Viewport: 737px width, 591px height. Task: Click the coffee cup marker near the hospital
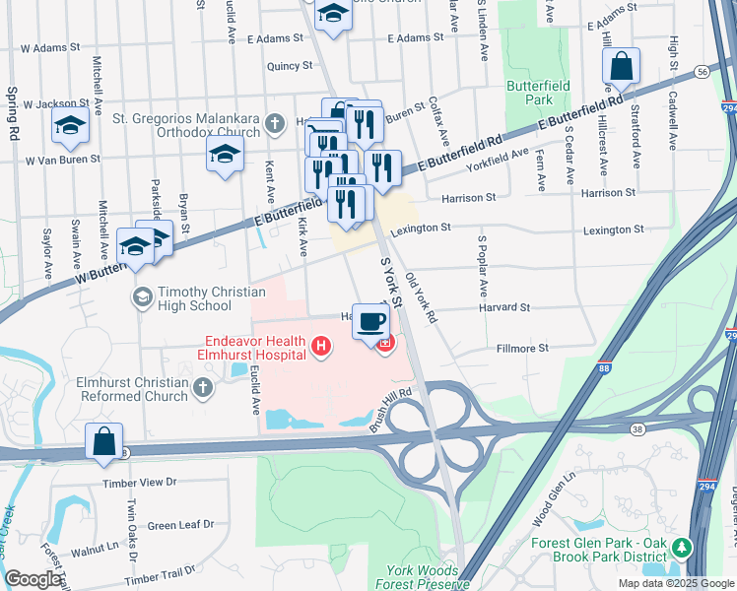point(370,321)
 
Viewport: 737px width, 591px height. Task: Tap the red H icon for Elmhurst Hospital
point(319,346)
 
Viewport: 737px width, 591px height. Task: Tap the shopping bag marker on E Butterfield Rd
point(622,68)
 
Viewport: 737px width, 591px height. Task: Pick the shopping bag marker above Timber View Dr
point(104,443)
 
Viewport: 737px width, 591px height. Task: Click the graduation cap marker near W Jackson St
point(70,125)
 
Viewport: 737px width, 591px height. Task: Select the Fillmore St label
point(523,348)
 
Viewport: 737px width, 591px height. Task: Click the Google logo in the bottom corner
point(33,579)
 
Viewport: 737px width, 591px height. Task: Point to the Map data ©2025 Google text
point(675,583)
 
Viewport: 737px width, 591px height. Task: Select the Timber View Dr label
point(140,483)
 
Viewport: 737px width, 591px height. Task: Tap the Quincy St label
point(289,66)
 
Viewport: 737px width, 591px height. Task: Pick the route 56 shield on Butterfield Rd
point(701,72)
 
